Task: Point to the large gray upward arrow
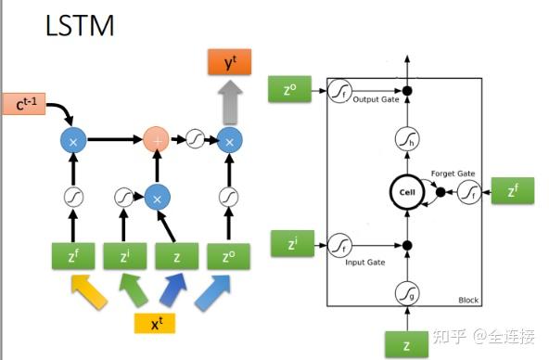click(229, 102)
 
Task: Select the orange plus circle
click(159, 140)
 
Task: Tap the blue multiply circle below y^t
click(229, 140)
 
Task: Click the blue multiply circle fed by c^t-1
click(73, 140)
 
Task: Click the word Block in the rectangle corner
click(468, 301)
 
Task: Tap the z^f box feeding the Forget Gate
click(512, 193)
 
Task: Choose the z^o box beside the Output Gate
click(287, 90)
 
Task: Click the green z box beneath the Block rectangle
click(406, 343)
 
